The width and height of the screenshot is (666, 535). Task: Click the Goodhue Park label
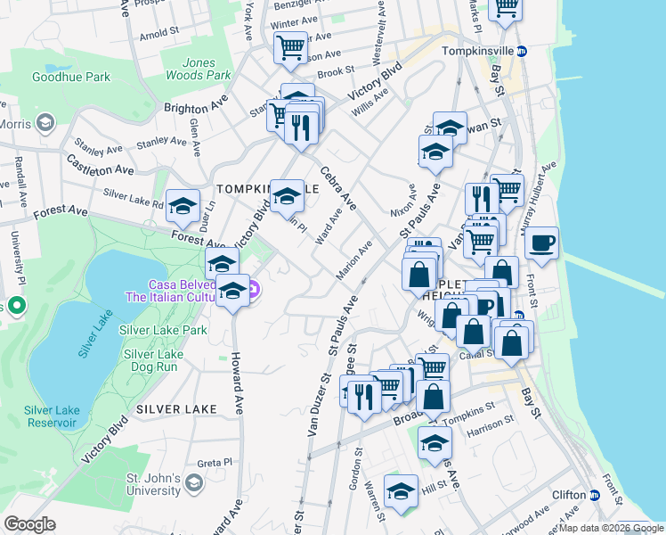coord(71,78)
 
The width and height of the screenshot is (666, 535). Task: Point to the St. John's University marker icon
coord(194,484)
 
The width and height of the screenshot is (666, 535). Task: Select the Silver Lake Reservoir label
coord(53,416)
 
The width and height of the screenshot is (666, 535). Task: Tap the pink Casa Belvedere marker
coord(253,289)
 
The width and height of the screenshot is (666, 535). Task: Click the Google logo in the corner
coord(30,524)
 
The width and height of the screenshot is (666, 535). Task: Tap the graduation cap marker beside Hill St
coord(401,490)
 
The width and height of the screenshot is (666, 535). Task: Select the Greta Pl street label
coord(215,463)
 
